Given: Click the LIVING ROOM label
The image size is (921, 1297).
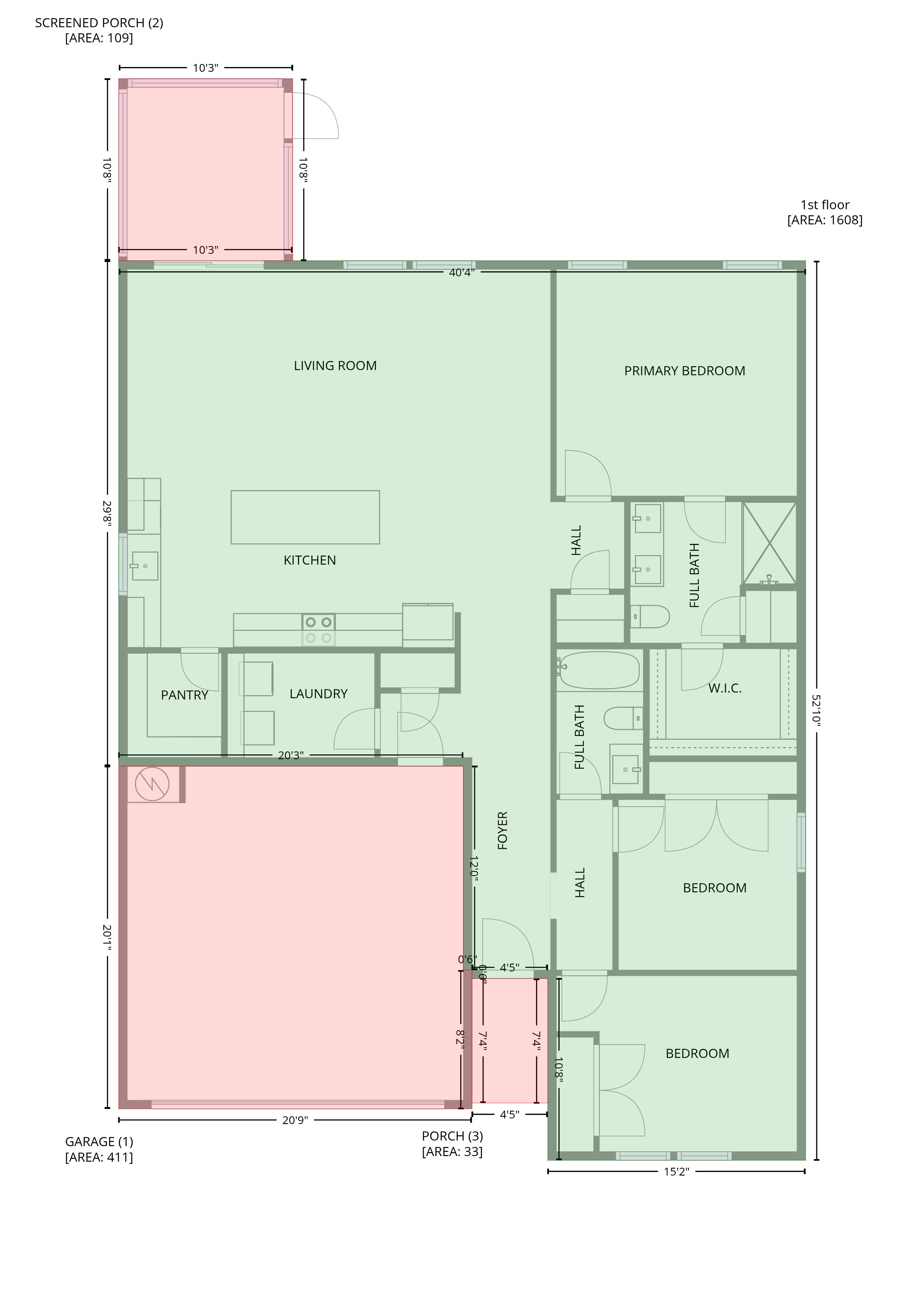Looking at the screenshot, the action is click(335, 366).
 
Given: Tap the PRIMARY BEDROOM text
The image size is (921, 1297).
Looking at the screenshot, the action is click(685, 371).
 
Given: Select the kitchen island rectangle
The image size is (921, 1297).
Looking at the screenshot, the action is click(305, 517).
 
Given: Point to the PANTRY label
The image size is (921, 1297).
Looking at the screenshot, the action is click(184, 695).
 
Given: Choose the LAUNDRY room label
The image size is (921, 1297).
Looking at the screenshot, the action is click(318, 694).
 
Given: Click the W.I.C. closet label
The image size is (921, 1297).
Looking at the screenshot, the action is click(725, 689).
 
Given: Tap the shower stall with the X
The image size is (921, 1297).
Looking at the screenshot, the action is click(770, 543).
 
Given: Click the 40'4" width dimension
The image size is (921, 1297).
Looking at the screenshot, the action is click(462, 272).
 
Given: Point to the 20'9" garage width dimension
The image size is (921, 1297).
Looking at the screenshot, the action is click(295, 1120).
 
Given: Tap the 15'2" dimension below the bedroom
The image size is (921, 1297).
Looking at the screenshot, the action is click(676, 1172).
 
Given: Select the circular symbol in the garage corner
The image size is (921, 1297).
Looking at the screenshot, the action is click(152, 784).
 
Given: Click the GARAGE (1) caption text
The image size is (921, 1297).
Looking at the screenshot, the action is click(99, 1141).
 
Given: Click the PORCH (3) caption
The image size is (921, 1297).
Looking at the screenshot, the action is click(453, 1136).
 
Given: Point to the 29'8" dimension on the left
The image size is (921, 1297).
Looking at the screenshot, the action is click(107, 514).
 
